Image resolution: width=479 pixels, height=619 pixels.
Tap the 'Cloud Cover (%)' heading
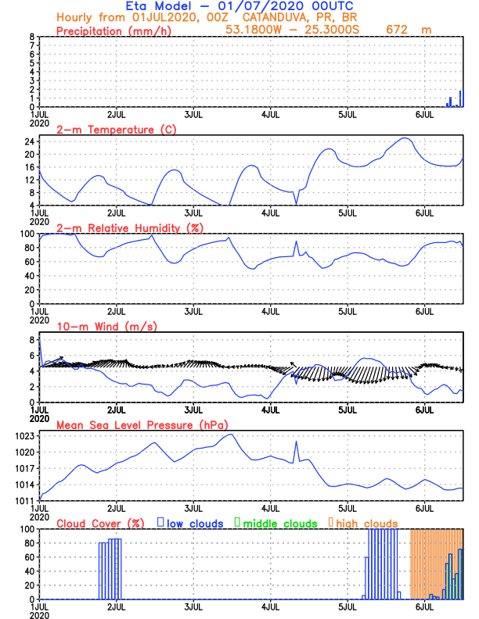pyautogui.click(x=99, y=523)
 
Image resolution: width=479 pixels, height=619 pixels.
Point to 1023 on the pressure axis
pyautogui.click(x=26, y=435)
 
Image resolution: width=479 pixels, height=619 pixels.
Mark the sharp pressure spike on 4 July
pyautogui.click(x=296, y=442)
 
